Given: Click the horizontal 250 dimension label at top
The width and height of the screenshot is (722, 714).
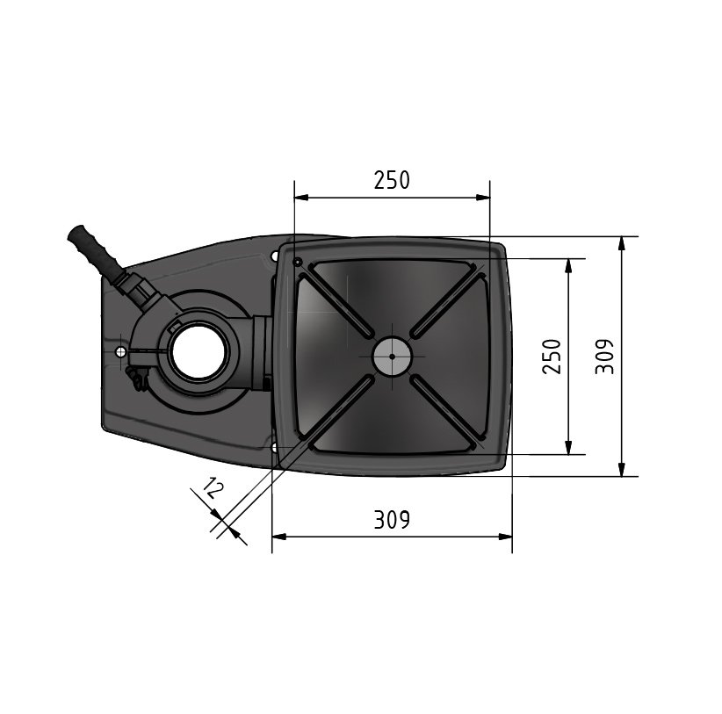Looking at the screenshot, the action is coord(392,180).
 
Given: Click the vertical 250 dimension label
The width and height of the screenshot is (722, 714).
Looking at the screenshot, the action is coord(552,357).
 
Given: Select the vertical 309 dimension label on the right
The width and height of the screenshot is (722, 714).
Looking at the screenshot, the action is coord(604,357).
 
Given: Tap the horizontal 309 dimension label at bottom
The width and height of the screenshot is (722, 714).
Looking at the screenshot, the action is coord(392,520).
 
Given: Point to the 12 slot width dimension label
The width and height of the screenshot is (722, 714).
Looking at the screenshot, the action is coord(213,488).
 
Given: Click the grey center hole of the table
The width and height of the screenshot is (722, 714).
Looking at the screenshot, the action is coord(392,357).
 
